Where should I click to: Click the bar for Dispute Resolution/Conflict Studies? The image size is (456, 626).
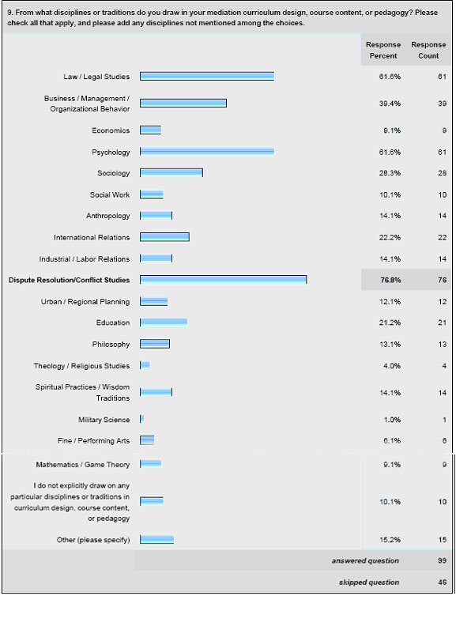pyautogui.click(x=223, y=280)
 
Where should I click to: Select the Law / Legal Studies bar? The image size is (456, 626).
pyautogui.click(x=207, y=76)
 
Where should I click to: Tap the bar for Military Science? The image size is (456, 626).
pyautogui.click(x=141, y=419)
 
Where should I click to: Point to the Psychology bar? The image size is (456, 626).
pyautogui.click(x=207, y=152)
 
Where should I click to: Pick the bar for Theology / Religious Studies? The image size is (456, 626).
pyautogui.click(x=145, y=365)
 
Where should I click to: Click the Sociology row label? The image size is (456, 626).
pyautogui.click(x=113, y=173)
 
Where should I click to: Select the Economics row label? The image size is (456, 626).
pyautogui.click(x=111, y=130)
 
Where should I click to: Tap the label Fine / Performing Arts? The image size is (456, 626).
pyautogui.click(x=93, y=441)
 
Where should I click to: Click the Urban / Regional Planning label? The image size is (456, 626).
pyautogui.click(x=85, y=302)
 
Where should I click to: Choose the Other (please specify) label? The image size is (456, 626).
pyautogui.click(x=93, y=540)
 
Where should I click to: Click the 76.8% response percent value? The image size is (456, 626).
pyautogui.click(x=390, y=281)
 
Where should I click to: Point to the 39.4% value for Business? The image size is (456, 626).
pyautogui.click(x=390, y=104)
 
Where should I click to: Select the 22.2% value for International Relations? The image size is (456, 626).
pyautogui.click(x=390, y=238)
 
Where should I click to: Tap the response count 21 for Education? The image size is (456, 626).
pyautogui.click(x=442, y=322)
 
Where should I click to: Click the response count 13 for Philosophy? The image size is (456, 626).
pyautogui.click(x=442, y=344)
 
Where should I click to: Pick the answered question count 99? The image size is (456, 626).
pyautogui.click(x=442, y=560)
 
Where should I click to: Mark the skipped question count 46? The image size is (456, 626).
pyautogui.click(x=442, y=582)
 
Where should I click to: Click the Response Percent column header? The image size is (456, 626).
pyautogui.click(x=383, y=51)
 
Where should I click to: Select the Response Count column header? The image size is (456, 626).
pyautogui.click(x=428, y=51)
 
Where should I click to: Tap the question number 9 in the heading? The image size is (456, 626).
pyautogui.click(x=10, y=13)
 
